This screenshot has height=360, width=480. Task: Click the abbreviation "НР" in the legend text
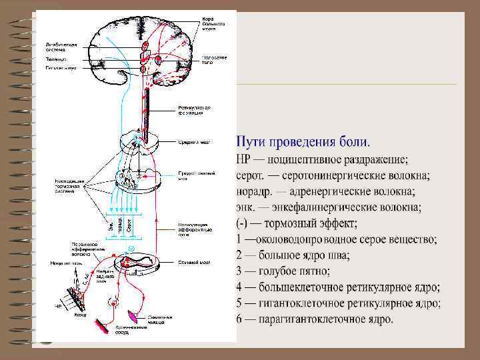[245, 160]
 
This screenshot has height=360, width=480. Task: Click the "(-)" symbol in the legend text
[243, 223]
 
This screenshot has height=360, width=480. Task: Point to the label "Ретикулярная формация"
[194, 110]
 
